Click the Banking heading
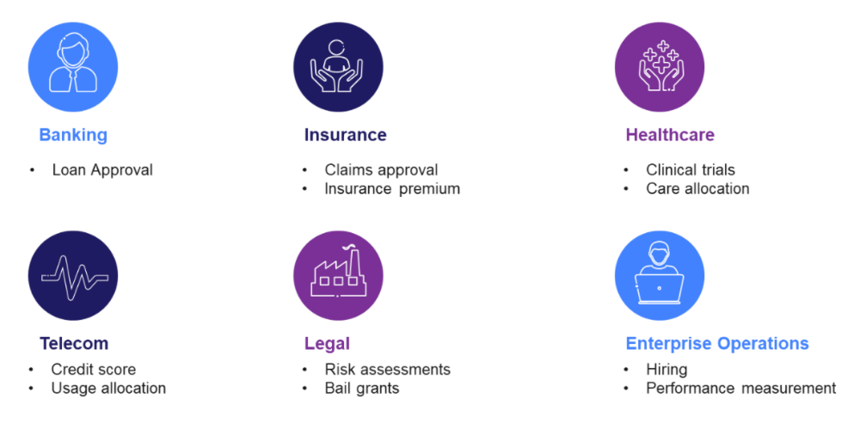73,135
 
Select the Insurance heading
346,135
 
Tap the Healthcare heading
670,135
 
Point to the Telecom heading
73,343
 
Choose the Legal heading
327,344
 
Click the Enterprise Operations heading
717,344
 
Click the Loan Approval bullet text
102,170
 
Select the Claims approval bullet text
381,170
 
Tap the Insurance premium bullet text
392,189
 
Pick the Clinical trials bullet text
691,170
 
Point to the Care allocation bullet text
697,189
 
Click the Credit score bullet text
93,369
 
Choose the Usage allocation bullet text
108,389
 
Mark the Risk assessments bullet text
387,369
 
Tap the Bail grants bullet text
362,389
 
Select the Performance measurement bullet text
741,389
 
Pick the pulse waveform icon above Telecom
75,278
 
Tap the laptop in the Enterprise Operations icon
660,289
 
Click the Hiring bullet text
666,370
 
